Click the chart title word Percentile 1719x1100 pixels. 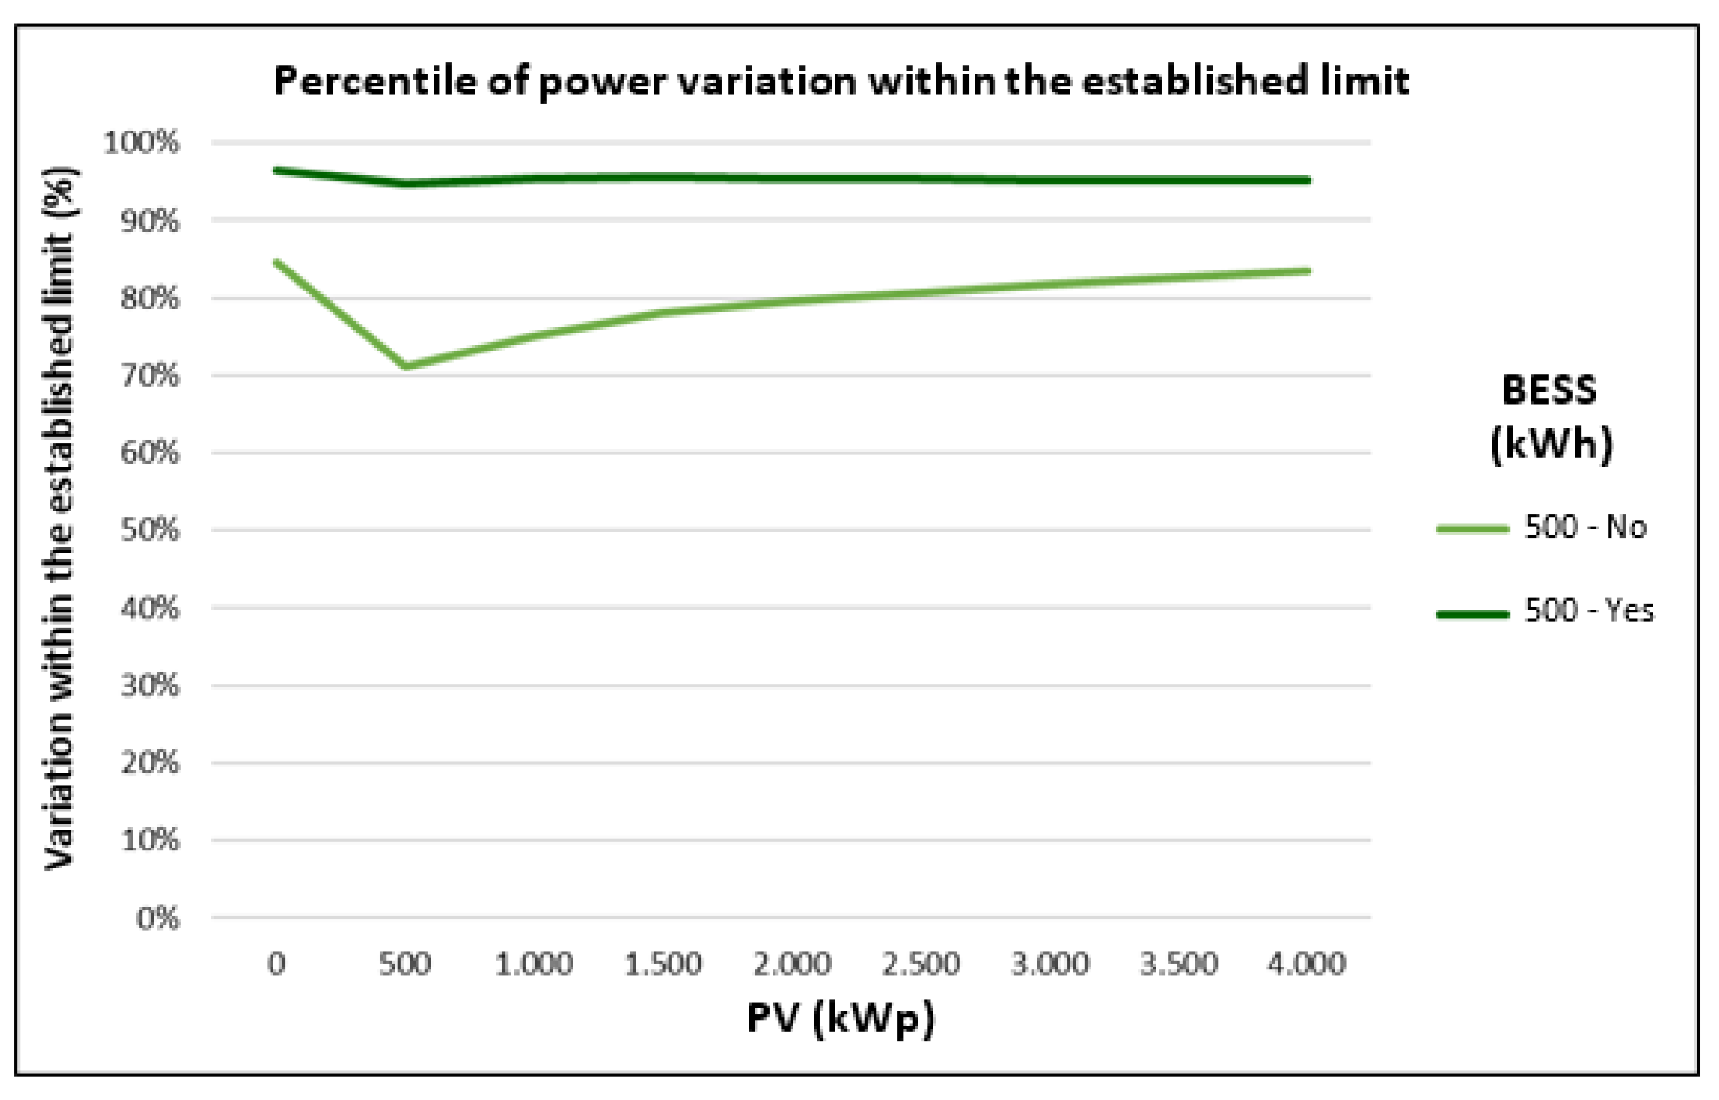click(374, 81)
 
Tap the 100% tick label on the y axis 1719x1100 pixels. click(141, 143)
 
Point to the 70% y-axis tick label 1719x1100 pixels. click(150, 376)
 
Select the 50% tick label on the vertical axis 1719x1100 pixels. click(150, 530)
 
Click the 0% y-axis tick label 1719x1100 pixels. click(158, 918)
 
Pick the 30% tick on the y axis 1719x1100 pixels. click(150, 685)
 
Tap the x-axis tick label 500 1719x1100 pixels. click(405, 964)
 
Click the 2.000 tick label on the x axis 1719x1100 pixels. click(792, 964)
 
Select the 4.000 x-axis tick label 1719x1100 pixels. click(1307, 964)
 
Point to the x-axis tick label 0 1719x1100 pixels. click(276, 964)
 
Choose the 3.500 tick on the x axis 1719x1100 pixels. click(1179, 964)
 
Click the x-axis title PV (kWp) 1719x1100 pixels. click(840, 1018)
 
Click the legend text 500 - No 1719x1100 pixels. click(1586, 528)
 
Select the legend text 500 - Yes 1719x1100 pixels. click(1588, 611)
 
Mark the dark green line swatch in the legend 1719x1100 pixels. click(1472, 614)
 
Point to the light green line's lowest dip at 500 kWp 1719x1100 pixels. click(406, 366)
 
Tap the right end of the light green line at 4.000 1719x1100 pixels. click(1308, 271)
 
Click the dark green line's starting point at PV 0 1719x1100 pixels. click(277, 171)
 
